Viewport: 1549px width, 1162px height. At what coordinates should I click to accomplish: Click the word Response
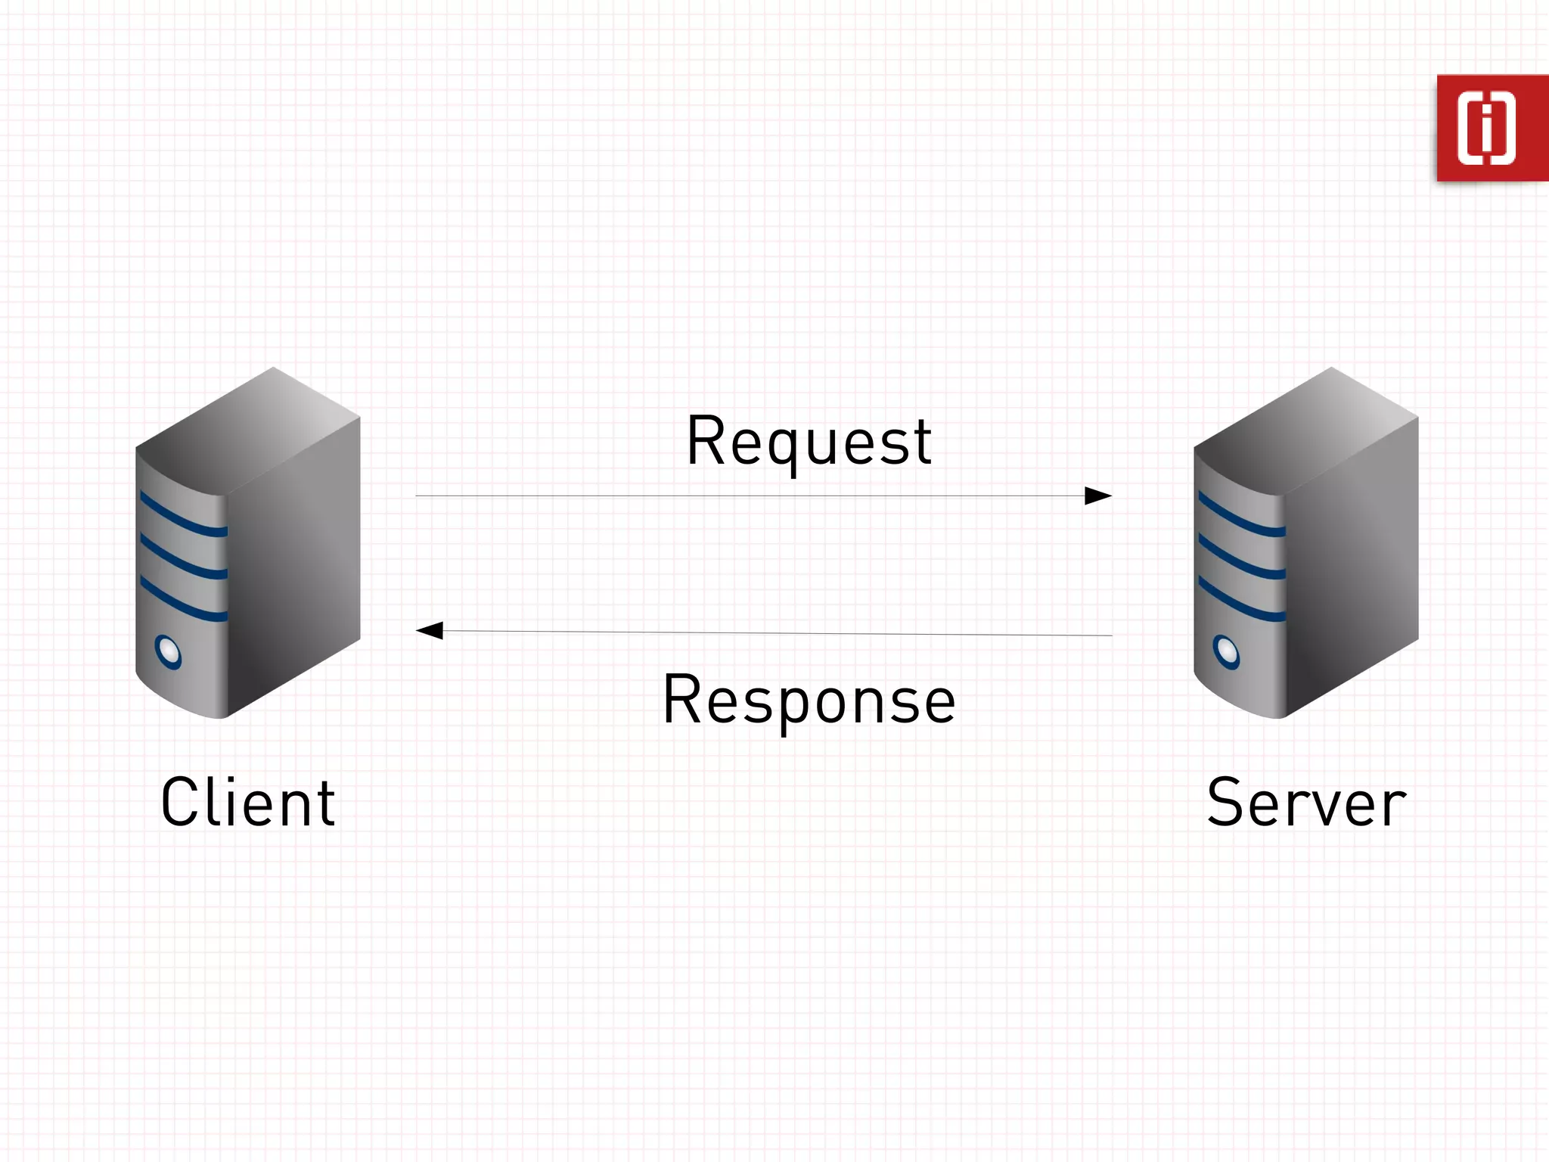(x=809, y=700)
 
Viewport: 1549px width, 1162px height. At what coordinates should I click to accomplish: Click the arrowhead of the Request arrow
(x=1098, y=496)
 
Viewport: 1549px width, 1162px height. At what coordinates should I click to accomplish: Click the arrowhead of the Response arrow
(x=430, y=630)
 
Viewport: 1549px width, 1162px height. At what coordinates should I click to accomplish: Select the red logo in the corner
(x=1492, y=128)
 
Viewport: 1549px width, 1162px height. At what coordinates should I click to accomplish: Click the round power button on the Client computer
(x=168, y=651)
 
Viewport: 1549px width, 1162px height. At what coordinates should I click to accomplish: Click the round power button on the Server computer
(x=1226, y=651)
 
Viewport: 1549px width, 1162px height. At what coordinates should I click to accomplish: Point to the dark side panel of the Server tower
(x=1352, y=567)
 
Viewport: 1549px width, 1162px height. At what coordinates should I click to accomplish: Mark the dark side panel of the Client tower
(x=294, y=567)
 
